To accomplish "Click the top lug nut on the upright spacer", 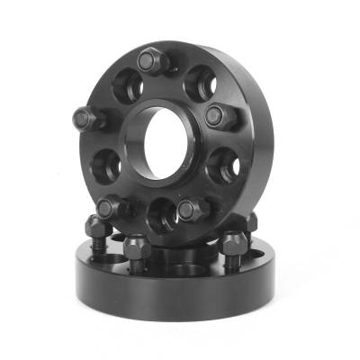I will [149, 61].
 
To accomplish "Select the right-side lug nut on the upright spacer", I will [217, 114].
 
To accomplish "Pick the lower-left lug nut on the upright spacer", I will [110, 208].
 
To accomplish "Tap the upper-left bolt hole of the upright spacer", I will [123, 87].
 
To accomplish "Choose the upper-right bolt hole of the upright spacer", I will [198, 84].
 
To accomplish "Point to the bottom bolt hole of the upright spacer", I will [162, 214].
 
